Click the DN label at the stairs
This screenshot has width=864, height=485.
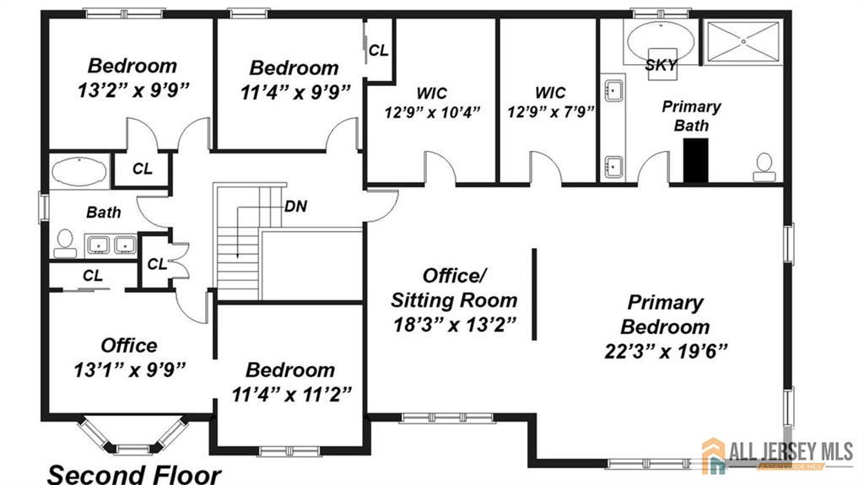coord(296,207)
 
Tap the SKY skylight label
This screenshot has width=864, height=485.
coord(661,65)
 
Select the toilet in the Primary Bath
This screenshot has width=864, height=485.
coord(764,168)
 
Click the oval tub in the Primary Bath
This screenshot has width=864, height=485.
coord(661,41)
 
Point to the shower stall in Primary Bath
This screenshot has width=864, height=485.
coord(742,42)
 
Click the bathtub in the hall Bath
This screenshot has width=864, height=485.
coord(79,172)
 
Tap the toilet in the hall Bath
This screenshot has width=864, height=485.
coord(65,244)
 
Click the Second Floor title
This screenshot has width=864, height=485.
coord(134,474)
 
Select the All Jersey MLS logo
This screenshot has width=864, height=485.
coord(778,455)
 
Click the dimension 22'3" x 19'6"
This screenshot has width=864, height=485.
coord(666,351)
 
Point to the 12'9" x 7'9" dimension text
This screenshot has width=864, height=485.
coord(550,112)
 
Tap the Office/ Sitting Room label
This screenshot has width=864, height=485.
coord(454,288)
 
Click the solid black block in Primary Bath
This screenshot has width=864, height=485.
coord(695,159)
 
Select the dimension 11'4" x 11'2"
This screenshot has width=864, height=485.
coord(291,395)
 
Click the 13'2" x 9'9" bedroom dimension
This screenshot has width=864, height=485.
coord(133,90)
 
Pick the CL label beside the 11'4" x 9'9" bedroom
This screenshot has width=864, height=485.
coord(379,51)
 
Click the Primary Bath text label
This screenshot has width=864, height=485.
coord(692,116)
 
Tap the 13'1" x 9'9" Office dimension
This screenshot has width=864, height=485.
coord(129,369)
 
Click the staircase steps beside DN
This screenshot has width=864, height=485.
coord(237,243)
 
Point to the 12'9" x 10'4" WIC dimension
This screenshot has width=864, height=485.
coord(432,112)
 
